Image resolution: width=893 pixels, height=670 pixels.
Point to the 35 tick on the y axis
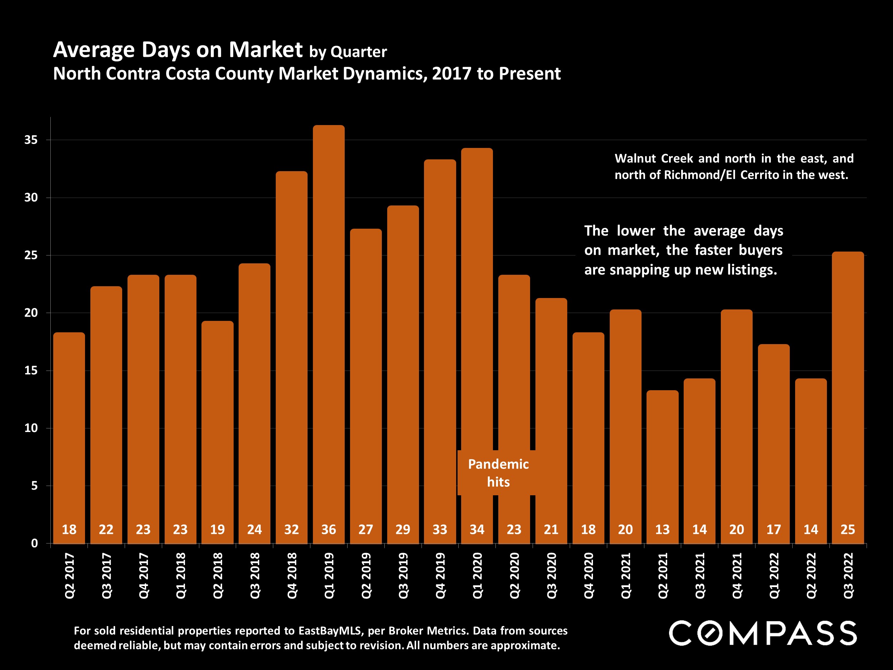click(31, 140)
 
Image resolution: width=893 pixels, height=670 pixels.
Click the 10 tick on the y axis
click(31, 428)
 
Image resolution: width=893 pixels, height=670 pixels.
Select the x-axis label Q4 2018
click(291, 576)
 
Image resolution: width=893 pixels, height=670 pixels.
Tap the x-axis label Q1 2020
click(477, 576)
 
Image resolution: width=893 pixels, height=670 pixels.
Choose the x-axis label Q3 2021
click(700, 576)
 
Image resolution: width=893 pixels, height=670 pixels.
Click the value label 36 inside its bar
click(329, 530)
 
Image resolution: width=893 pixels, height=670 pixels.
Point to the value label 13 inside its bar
click(662, 530)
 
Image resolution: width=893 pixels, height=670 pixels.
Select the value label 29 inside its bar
click(403, 530)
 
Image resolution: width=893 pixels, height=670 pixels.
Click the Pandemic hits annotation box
click(498, 473)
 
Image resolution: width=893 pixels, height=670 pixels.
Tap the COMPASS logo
click(763, 633)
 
